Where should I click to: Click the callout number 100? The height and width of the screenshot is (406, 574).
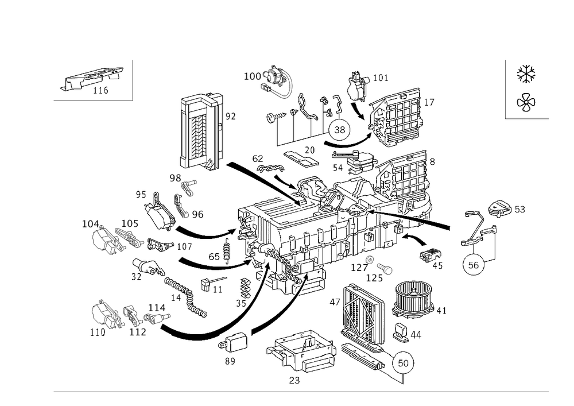[x=252, y=76]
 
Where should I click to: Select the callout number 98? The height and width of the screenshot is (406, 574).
[x=175, y=178]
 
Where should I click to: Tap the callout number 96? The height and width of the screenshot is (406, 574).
[x=197, y=214]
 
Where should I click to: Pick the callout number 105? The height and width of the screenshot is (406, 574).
[x=128, y=223]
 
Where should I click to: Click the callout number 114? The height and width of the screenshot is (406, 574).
[x=157, y=308]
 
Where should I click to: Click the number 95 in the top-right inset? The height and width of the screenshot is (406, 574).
[x=526, y=72]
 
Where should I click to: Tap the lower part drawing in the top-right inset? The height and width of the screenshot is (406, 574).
[x=525, y=103]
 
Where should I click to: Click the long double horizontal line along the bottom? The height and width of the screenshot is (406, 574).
[x=301, y=392]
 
